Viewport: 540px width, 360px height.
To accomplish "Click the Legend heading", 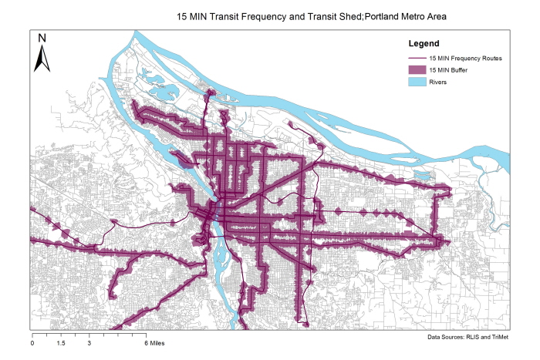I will (x=424, y=43).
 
